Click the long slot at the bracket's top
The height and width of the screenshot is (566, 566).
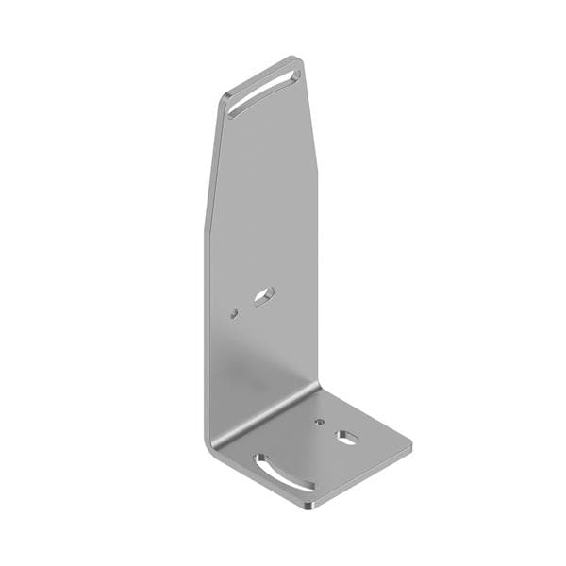pyautogui.click(x=263, y=88)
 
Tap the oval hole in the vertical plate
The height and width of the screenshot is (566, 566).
pyautogui.click(x=263, y=297)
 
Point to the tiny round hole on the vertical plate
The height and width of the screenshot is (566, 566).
pyautogui.click(x=233, y=314)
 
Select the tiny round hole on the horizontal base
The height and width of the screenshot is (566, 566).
pyautogui.click(x=320, y=422)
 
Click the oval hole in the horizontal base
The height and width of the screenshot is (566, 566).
pyautogui.click(x=348, y=437)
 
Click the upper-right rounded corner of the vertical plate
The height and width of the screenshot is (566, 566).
pyautogui.click(x=299, y=60)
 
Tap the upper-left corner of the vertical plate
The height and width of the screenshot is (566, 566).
pyautogui.click(x=226, y=95)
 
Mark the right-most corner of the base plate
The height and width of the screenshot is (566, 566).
pyautogui.click(x=411, y=442)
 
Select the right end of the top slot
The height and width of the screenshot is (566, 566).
pyautogui.click(x=294, y=69)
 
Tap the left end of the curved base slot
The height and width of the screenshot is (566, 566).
pyautogui.click(x=258, y=459)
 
